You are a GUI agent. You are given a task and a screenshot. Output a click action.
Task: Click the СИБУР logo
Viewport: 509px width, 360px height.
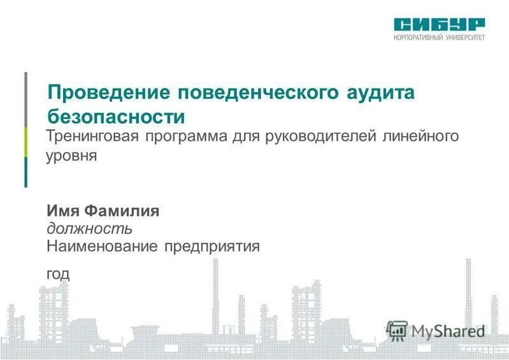click(439, 24)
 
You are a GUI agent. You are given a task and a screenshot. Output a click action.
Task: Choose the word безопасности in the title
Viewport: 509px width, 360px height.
click(117, 117)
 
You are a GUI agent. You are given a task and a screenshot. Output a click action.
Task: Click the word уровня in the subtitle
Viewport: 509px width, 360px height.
click(71, 155)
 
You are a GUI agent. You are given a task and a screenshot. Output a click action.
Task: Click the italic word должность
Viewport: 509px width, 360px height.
click(89, 228)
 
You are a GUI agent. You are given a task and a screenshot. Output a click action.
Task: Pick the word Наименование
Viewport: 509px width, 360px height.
click(102, 246)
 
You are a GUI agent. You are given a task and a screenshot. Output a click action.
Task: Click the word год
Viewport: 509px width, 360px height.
click(57, 273)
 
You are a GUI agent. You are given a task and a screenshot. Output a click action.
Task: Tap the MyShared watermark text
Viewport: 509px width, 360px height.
click(447, 330)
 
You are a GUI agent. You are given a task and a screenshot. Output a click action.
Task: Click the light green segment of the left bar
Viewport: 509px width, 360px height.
click(26, 142)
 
